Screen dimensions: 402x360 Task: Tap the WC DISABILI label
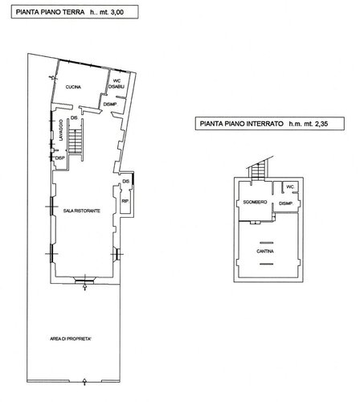pyautogui.click(x=117, y=85)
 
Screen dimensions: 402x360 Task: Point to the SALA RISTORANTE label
pyautogui.click(x=82, y=210)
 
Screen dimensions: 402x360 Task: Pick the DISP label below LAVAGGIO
pyautogui.click(x=59, y=158)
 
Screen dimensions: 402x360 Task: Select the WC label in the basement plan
pyautogui.click(x=291, y=186)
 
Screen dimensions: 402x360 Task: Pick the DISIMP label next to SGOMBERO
pyautogui.click(x=287, y=204)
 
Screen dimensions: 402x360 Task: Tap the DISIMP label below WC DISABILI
pyautogui.click(x=110, y=104)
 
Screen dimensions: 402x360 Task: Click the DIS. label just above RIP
pyautogui.click(x=125, y=183)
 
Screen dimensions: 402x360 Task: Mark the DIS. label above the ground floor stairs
pyautogui.click(x=74, y=118)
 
